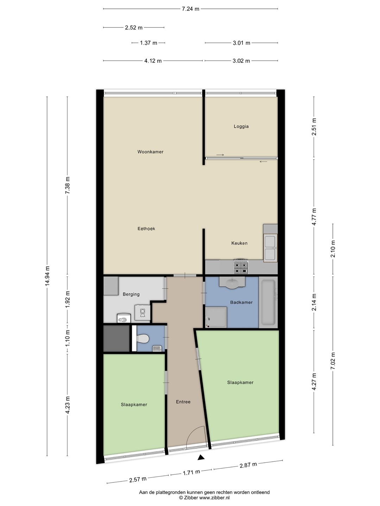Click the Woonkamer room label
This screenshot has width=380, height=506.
(x=150, y=152)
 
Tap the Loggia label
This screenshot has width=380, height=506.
(x=241, y=126)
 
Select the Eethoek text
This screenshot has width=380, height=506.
(x=146, y=229)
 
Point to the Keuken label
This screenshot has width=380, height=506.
(x=239, y=243)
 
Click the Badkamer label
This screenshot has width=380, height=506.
(x=241, y=302)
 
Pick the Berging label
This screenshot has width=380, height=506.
(x=131, y=294)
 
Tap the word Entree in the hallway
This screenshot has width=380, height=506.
(x=183, y=402)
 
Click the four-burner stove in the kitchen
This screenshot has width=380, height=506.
(x=241, y=266)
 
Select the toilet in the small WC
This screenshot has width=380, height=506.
(x=143, y=339)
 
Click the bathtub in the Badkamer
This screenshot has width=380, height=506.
(x=268, y=302)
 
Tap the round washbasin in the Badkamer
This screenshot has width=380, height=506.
(x=232, y=283)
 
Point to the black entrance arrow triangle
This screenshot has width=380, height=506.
(x=201, y=458)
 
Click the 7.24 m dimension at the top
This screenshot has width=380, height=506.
(x=190, y=9)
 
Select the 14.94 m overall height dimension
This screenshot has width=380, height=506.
(x=47, y=276)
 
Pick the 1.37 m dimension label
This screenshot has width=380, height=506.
(x=148, y=43)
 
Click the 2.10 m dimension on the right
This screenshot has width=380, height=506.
(x=333, y=249)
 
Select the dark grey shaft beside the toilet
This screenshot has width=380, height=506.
(x=116, y=338)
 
